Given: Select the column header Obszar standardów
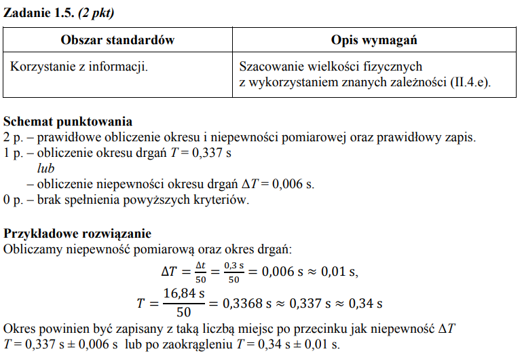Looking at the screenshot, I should pos(117,40).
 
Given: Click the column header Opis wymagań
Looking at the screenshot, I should pos(374,40).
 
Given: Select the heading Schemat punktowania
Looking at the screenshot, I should pos(68,122).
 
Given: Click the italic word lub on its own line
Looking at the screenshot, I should pos(45,168).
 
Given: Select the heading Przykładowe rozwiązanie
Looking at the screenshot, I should pos(77,234).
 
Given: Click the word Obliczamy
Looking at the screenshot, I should pos(32,249).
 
